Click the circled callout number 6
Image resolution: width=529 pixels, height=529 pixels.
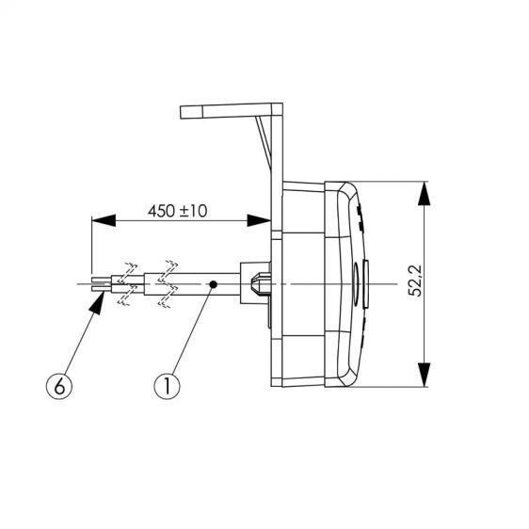pyautogui.click(x=59, y=386)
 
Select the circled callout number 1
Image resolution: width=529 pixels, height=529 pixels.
pyautogui.click(x=167, y=386)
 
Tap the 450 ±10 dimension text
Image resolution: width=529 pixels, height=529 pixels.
pyautogui.click(x=178, y=212)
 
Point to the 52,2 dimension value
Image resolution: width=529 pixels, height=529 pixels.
pyautogui.click(x=415, y=281)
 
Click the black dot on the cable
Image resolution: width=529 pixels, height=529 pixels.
pyautogui.click(x=213, y=284)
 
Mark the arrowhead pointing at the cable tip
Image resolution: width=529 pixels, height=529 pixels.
pyautogui.click(x=98, y=304)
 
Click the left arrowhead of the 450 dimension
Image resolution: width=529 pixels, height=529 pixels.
pyautogui.click(x=104, y=220)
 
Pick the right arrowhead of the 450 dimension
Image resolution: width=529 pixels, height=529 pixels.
pyautogui.click(x=259, y=220)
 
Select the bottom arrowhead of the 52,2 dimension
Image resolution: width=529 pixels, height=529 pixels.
pyautogui.click(x=424, y=375)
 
